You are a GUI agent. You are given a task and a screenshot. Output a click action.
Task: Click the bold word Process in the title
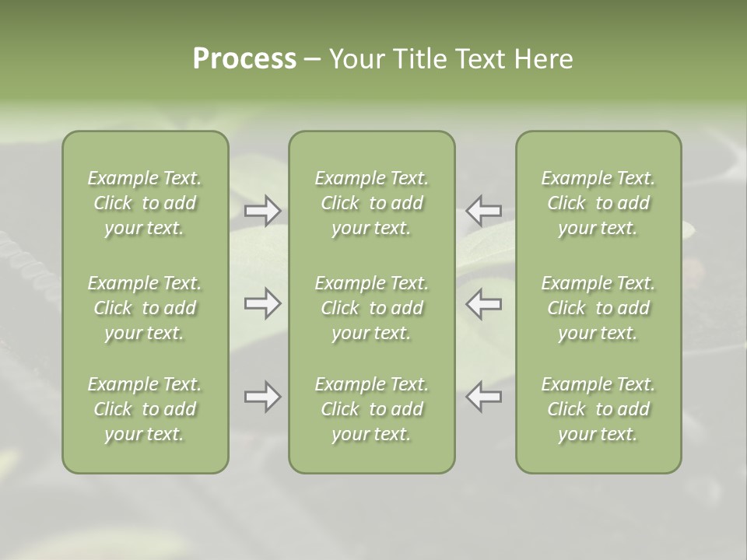coord(244,59)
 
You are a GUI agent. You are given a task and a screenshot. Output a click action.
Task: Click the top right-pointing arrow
coord(262,211)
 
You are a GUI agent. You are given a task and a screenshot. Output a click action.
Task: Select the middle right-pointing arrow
coord(262,303)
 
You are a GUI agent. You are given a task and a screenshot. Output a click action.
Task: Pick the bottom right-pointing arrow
coord(262,397)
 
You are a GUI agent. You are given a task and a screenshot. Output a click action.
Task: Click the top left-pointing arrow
coord(483,211)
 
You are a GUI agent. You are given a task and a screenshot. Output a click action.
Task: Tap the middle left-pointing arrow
coord(483,303)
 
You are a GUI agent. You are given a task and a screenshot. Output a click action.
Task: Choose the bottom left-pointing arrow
coord(483,397)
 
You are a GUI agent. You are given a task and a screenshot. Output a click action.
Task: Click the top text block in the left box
coord(145,203)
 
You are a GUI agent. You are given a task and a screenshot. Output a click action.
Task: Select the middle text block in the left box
coord(145,308)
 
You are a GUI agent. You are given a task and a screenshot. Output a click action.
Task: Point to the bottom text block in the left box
coord(145,409)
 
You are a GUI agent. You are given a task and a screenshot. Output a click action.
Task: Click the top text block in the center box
coord(371,203)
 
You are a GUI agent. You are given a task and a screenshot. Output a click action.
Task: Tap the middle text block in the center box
coord(371,308)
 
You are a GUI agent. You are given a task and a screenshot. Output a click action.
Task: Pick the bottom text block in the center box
coord(371,409)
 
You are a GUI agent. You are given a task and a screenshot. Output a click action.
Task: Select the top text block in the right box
coord(598,203)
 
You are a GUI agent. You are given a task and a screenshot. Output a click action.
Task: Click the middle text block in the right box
coord(598,308)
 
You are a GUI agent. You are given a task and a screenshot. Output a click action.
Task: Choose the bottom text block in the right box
coord(598,409)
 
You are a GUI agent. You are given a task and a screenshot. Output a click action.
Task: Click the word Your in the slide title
coord(354,59)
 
